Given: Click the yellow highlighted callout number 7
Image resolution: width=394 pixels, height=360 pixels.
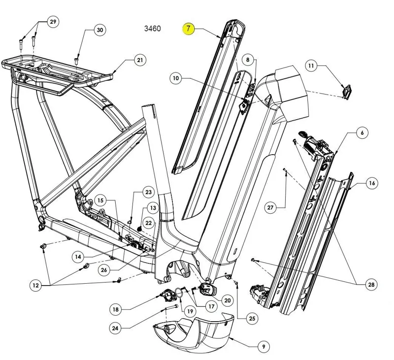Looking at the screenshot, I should (x=189, y=29).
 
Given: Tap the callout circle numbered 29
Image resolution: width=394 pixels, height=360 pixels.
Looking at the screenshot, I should (x=53, y=22).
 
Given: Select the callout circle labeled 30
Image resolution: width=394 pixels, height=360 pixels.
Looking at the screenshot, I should (x=100, y=30).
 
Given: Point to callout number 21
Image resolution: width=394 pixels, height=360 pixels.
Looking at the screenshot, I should (x=140, y=61).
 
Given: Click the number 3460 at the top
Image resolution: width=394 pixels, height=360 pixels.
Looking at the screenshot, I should (x=152, y=29).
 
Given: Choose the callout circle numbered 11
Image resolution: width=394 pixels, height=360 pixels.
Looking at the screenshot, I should (x=311, y=65).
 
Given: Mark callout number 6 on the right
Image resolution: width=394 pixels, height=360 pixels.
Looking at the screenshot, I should (x=362, y=132).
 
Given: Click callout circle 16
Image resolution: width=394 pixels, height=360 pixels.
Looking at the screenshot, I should (x=372, y=183).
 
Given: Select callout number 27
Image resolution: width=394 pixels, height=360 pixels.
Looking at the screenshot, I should (x=270, y=207).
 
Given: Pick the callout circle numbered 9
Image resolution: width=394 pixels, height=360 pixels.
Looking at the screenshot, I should (x=263, y=347).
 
